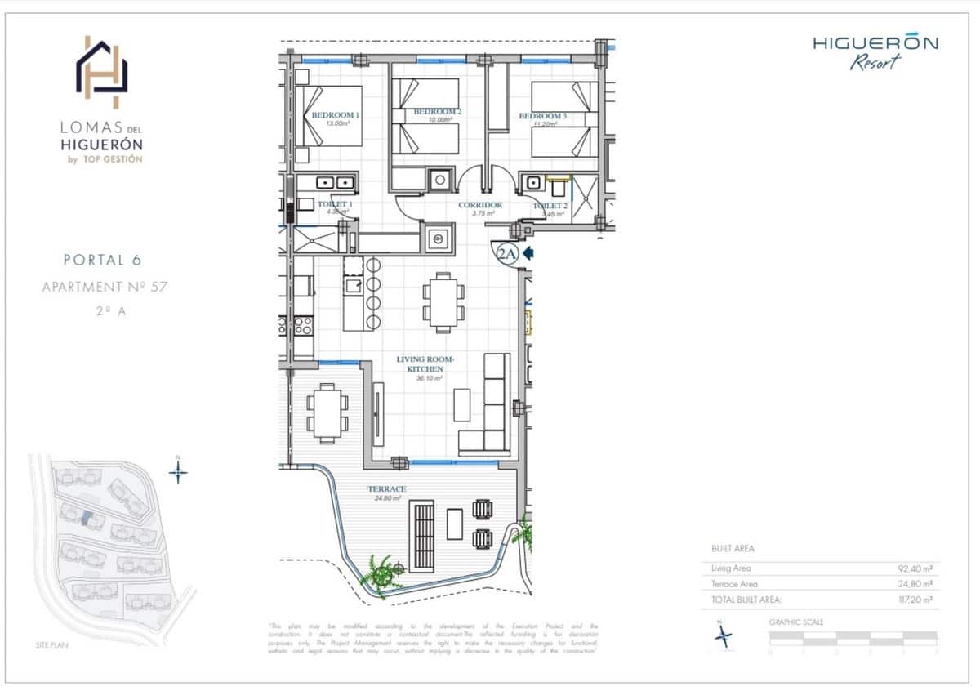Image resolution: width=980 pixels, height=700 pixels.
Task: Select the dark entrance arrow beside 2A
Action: (528, 254)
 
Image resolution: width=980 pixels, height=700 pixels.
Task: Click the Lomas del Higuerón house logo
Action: (102, 72)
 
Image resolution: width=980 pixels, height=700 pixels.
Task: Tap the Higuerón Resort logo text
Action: (875, 51)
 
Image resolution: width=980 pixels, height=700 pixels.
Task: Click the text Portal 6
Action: (102, 261)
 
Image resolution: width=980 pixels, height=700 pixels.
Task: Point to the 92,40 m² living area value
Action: (915, 568)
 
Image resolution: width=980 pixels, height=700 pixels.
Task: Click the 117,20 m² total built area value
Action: (915, 599)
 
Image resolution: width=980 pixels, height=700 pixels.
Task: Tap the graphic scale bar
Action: (853, 639)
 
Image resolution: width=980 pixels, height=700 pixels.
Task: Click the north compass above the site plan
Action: (179, 471)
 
